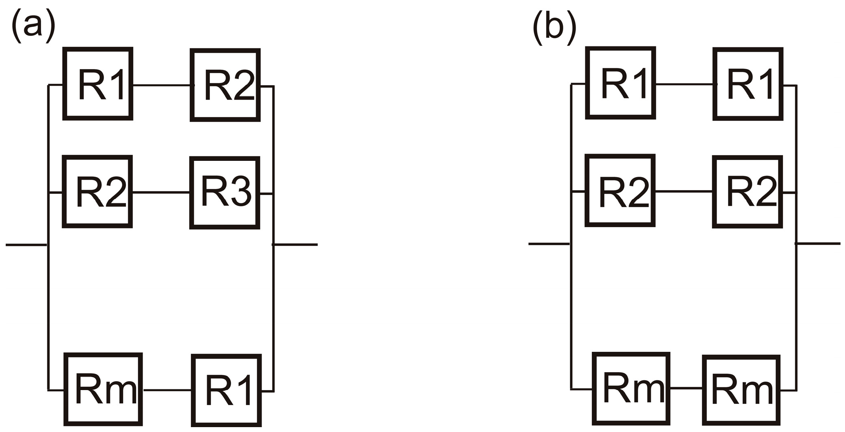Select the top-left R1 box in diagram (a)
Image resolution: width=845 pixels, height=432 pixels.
pos(98,84)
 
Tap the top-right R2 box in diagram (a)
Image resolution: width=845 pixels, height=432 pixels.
pos(225,85)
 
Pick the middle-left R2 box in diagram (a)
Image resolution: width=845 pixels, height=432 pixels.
pos(97,191)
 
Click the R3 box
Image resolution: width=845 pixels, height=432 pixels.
pos(225,193)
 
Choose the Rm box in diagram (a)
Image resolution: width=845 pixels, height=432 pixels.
pos(103,389)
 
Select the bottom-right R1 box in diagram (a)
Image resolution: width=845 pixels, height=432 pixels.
pos(226,390)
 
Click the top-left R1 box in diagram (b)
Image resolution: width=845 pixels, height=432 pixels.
pos(620,83)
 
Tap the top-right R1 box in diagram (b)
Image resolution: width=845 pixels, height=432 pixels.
pos(748,84)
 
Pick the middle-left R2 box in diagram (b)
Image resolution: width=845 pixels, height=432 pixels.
pos(620,191)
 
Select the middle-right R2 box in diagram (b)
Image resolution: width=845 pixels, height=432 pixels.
pos(748,192)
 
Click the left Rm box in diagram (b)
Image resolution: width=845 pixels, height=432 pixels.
pos(631,388)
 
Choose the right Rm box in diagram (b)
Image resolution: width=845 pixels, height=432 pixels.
pos(741,390)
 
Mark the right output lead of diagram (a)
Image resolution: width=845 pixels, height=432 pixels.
pos(296,245)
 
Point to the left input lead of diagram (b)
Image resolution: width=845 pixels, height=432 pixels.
pos(549,244)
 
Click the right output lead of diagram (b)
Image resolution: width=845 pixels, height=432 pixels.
pos(819,243)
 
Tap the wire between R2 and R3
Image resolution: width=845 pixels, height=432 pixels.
pos(161,192)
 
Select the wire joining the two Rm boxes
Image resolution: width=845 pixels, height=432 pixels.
pos(686,388)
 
